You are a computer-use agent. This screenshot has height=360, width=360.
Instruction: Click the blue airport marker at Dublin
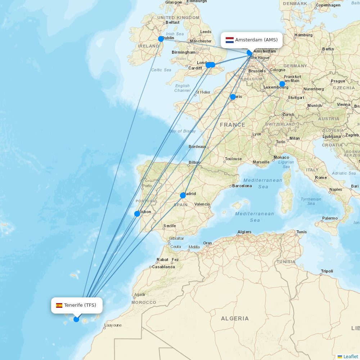[161, 39]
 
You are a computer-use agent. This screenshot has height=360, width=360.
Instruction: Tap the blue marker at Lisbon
[137, 214]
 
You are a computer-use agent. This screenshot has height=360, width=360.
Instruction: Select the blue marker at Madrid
[183, 195]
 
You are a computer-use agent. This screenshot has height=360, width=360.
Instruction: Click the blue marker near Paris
[233, 97]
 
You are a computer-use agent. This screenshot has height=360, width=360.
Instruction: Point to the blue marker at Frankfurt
[282, 84]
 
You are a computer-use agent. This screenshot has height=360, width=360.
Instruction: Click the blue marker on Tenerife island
[76, 319]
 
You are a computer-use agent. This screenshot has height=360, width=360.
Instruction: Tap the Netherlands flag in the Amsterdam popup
[230, 40]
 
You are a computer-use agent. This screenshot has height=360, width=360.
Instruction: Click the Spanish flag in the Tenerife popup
[59, 305]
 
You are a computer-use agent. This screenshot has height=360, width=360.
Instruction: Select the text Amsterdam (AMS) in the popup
[256, 40]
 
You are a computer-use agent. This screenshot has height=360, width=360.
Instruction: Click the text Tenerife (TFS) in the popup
[80, 305]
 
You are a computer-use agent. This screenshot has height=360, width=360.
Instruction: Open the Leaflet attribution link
[350, 356]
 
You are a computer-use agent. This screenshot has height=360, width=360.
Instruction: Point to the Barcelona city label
[242, 186]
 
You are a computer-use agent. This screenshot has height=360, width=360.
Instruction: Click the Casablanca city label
[164, 267]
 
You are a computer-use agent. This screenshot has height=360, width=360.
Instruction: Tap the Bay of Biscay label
[183, 131]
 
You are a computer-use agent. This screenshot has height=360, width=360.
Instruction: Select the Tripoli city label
[327, 271]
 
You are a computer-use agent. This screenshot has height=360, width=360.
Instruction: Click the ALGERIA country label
[235, 318]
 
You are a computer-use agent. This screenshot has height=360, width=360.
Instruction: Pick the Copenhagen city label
[328, 5]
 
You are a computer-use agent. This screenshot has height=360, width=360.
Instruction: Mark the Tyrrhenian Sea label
[311, 201]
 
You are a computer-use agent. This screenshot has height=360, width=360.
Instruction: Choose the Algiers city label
[244, 232]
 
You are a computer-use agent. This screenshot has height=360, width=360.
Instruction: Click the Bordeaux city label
[197, 147]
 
